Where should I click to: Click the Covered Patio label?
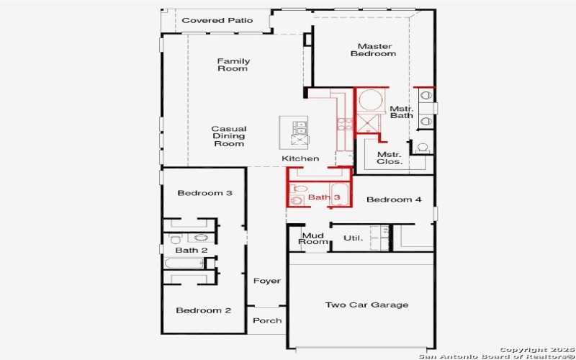pyautogui.click(x=217, y=20)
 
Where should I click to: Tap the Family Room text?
pyautogui.click(x=233, y=65)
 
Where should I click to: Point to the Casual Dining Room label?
pyautogui.click(x=228, y=136)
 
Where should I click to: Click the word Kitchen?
pyautogui.click(x=300, y=158)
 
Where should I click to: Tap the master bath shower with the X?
pyautogui.click(x=372, y=123)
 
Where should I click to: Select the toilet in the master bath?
pyautogui.click(x=422, y=148)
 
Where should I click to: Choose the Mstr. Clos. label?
pyautogui.click(x=389, y=158)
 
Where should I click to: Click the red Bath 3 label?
pyautogui.click(x=324, y=197)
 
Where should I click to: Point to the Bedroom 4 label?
pyautogui.click(x=394, y=199)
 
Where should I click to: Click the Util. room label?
pyautogui.click(x=352, y=238)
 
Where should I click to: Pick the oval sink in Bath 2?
pyautogui.click(x=201, y=237)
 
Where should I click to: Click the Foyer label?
pyautogui.click(x=266, y=281)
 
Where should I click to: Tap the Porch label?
pyautogui.click(x=268, y=320)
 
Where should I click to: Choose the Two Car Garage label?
pyautogui.click(x=366, y=305)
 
